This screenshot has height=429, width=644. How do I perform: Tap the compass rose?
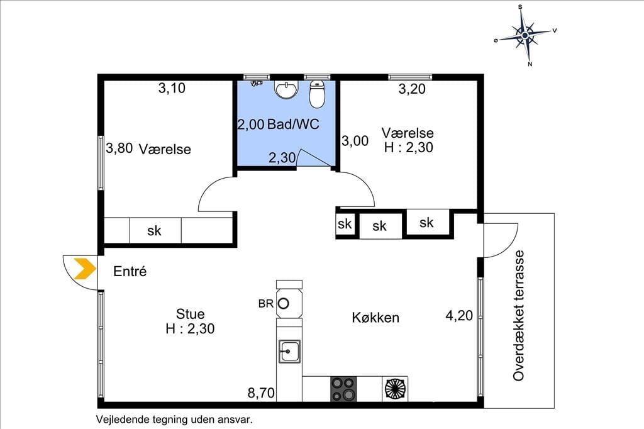click(525, 35)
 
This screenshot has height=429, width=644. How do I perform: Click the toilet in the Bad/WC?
click(317, 94)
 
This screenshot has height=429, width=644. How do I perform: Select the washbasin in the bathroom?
click(286, 90)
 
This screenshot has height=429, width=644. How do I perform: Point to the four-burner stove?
click(343, 389)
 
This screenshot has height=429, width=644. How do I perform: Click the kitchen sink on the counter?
click(289, 352)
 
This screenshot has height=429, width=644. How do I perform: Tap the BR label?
click(266, 304)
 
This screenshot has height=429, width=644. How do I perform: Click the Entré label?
click(130, 271)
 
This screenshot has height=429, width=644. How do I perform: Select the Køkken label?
click(375, 318)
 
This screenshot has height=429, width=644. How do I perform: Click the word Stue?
click(190, 314)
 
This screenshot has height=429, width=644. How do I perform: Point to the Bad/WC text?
click(293, 124)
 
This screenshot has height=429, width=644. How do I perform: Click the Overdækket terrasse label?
click(519, 316)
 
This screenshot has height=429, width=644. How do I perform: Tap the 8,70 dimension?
click(261, 393)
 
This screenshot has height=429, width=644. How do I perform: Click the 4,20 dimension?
click(459, 316)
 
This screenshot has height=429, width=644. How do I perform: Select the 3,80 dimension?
click(119, 148)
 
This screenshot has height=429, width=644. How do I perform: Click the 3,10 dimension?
click(172, 88)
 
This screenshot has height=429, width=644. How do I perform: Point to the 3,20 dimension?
click(412, 89)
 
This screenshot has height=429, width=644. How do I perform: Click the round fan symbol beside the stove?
click(395, 389)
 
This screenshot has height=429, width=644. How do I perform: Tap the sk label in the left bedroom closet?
click(155, 231)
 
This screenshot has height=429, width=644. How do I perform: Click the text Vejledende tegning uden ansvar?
click(174, 420)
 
